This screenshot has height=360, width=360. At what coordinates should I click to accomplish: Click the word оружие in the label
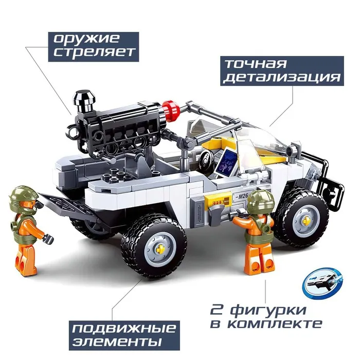pos(86,39)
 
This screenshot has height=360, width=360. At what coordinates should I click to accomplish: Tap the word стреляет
pos(94,52)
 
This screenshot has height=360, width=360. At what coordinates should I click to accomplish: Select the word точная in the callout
pos(256,64)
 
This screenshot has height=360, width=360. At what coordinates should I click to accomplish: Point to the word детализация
pos(282,78)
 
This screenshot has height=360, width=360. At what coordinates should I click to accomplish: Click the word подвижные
pos(124,329)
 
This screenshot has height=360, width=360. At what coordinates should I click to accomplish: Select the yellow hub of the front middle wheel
pos(159,248)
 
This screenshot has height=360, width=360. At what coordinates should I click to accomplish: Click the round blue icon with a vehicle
pos(323,283)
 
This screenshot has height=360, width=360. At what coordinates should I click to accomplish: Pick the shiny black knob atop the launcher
pos(84,100)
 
